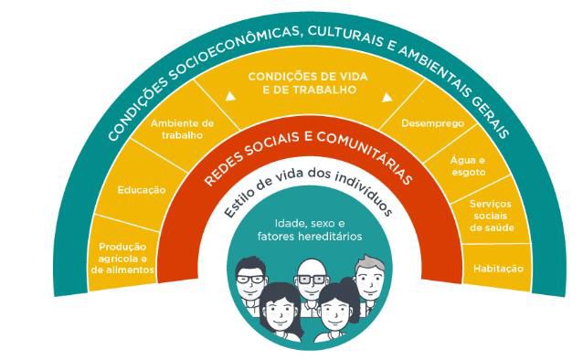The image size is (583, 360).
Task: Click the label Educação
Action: click(142, 190)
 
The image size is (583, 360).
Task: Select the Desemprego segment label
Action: click(433, 122)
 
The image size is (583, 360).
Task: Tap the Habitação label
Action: click(498, 269)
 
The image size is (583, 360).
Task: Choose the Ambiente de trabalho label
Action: click(182, 129)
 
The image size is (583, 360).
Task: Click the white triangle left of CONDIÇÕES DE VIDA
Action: click(230, 96)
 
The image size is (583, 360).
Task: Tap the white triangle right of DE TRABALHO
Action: click(387, 97)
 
